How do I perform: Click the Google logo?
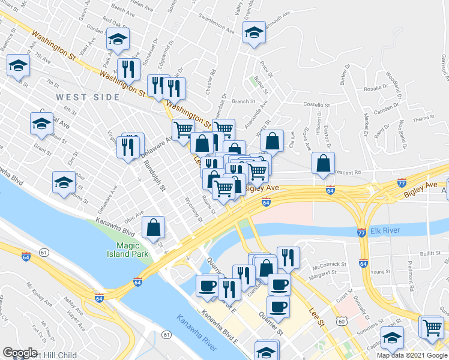(20, 353)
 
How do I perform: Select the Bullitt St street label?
(426, 254)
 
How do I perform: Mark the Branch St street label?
(244, 102)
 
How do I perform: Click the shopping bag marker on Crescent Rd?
(324, 163)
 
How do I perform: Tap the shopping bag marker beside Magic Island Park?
(154, 227)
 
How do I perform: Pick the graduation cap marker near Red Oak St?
(118, 40)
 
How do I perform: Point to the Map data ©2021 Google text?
(412, 355)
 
